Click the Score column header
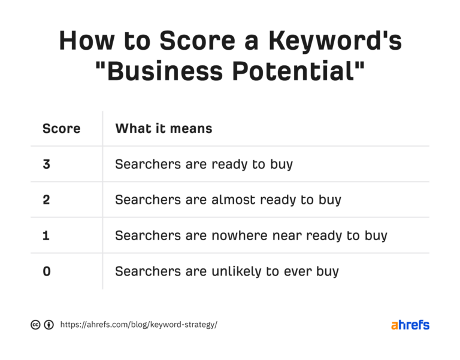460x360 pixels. (x=61, y=128)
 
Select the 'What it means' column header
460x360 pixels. (x=164, y=128)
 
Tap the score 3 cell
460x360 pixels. (x=47, y=164)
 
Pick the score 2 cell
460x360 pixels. (x=47, y=199)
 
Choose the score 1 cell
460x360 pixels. (x=47, y=235)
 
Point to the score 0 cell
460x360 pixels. (x=47, y=271)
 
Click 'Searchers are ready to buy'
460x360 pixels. (x=204, y=164)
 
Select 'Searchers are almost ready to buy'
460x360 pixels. (x=228, y=199)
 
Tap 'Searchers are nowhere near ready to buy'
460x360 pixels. (x=251, y=235)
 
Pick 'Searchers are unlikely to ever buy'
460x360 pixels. (x=226, y=271)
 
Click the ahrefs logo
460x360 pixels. (x=410, y=325)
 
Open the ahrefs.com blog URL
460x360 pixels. (x=139, y=325)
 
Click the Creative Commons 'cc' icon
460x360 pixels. (x=35, y=325)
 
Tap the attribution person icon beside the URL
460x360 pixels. (x=49, y=325)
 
